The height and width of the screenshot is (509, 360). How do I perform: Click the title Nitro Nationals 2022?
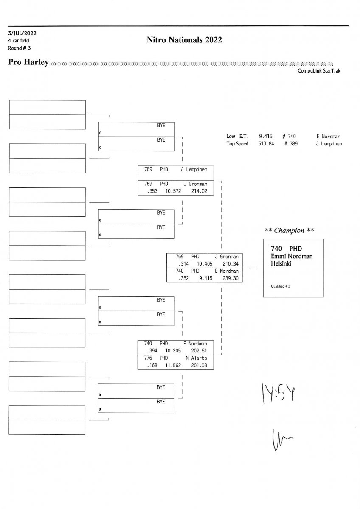coord(184,40)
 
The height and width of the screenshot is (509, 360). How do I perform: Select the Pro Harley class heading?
coord(28,63)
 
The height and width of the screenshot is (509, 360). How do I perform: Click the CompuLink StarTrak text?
coord(319,71)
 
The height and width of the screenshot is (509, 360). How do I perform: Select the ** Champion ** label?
coord(290,231)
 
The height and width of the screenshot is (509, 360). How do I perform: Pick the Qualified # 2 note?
coord(281,286)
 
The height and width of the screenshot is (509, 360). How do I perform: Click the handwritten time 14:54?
coord(276,394)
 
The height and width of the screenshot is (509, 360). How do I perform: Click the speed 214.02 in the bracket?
coord(199,191)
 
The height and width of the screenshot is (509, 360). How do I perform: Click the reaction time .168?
coord(151,365)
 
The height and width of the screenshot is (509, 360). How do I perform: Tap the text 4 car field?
coord(19,40)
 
